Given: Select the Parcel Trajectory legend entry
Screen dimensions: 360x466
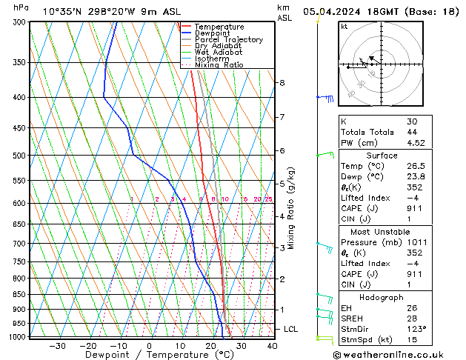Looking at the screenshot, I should click(x=228, y=40).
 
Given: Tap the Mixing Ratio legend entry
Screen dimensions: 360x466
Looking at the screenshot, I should click(x=219, y=65).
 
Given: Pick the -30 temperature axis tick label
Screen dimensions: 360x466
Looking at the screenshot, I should click(x=57, y=346).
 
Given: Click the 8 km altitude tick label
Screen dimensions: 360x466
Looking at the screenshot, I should click(x=282, y=83).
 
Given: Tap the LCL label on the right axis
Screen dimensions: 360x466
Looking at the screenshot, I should click(x=291, y=329).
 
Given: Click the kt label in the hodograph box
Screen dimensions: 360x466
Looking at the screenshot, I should click(x=344, y=27).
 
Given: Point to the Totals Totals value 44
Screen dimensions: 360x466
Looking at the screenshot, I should click(x=412, y=133).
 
